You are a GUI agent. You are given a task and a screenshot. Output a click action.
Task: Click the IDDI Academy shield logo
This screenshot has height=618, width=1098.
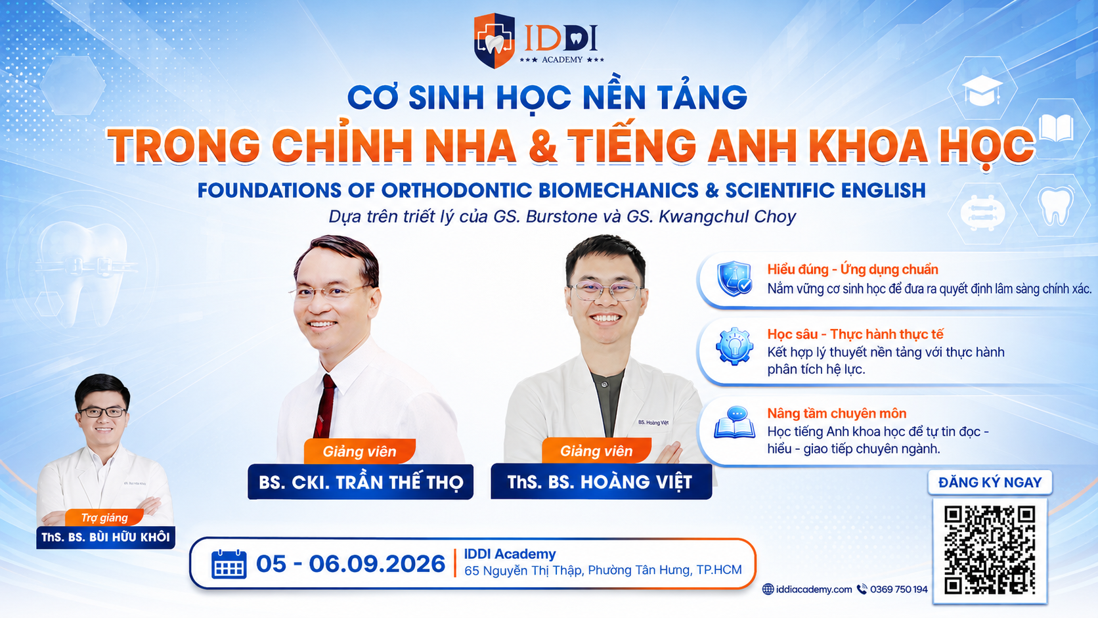(x=494, y=41)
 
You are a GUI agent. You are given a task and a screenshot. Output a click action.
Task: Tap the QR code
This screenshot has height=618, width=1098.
(x=990, y=550)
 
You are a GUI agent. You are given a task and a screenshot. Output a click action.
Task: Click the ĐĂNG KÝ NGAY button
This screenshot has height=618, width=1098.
(x=990, y=483)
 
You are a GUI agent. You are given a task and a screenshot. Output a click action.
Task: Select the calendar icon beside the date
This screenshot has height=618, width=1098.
(x=229, y=564)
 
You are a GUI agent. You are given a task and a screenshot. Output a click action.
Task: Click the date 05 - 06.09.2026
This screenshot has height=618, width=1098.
(x=351, y=564)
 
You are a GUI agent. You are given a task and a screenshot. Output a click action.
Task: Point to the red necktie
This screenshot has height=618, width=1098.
(x=326, y=407)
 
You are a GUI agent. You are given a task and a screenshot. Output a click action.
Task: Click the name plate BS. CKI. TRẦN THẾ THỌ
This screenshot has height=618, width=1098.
(x=361, y=482)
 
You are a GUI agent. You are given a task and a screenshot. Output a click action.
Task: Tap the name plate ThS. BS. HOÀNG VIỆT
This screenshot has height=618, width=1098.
(x=601, y=482)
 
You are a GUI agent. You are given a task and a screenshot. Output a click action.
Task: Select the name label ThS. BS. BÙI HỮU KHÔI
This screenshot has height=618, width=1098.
(x=105, y=537)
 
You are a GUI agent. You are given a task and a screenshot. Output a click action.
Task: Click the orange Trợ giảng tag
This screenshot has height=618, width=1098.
(x=104, y=518)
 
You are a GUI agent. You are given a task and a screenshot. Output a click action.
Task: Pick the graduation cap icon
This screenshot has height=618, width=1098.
(x=982, y=90)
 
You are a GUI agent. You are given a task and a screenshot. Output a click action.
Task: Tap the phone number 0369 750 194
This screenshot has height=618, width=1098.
(x=898, y=589)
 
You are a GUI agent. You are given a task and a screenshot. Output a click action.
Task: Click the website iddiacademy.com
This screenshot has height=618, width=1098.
(x=814, y=589)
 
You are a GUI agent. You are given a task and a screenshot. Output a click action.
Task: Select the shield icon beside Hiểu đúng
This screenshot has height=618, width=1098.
(x=734, y=278)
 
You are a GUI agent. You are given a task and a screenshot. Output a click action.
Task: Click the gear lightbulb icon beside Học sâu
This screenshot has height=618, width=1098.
(x=734, y=347)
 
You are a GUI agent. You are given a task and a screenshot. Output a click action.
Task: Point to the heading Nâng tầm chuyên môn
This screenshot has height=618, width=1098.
(x=836, y=414)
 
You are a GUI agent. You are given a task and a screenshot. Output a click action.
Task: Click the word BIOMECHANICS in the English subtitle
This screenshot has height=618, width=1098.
(x=617, y=190)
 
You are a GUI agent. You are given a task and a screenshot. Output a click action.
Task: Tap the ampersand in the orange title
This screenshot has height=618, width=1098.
(x=542, y=146)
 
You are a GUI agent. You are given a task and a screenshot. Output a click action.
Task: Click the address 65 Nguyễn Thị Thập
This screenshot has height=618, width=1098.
(x=523, y=571)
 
